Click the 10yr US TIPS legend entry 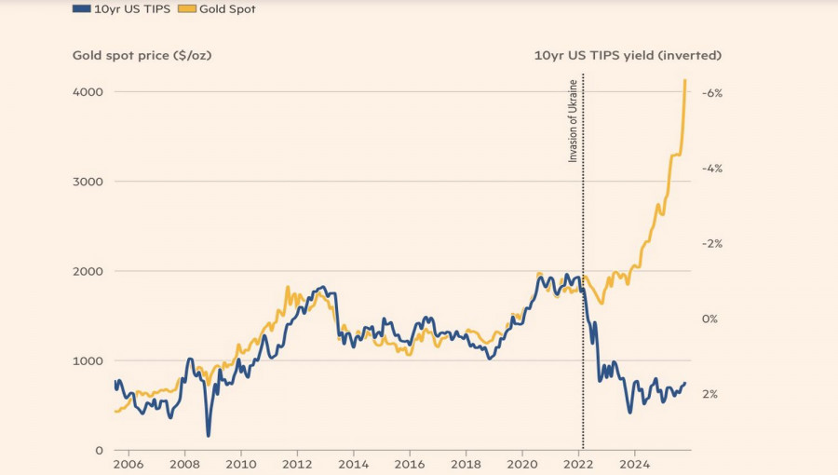click(121, 8)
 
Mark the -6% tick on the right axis click(711, 93)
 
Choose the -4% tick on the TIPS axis click(711, 169)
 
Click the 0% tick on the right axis click(710, 319)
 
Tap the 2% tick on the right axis click(710, 394)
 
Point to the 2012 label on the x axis click(297, 464)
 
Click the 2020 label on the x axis click(522, 464)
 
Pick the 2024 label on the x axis click(635, 464)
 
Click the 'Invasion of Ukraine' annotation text click(573, 121)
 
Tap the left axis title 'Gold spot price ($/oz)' click(142, 55)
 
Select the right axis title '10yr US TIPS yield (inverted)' click(628, 55)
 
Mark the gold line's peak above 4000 click(685, 80)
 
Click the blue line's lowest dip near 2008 click(209, 434)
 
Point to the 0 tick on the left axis click(98, 450)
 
